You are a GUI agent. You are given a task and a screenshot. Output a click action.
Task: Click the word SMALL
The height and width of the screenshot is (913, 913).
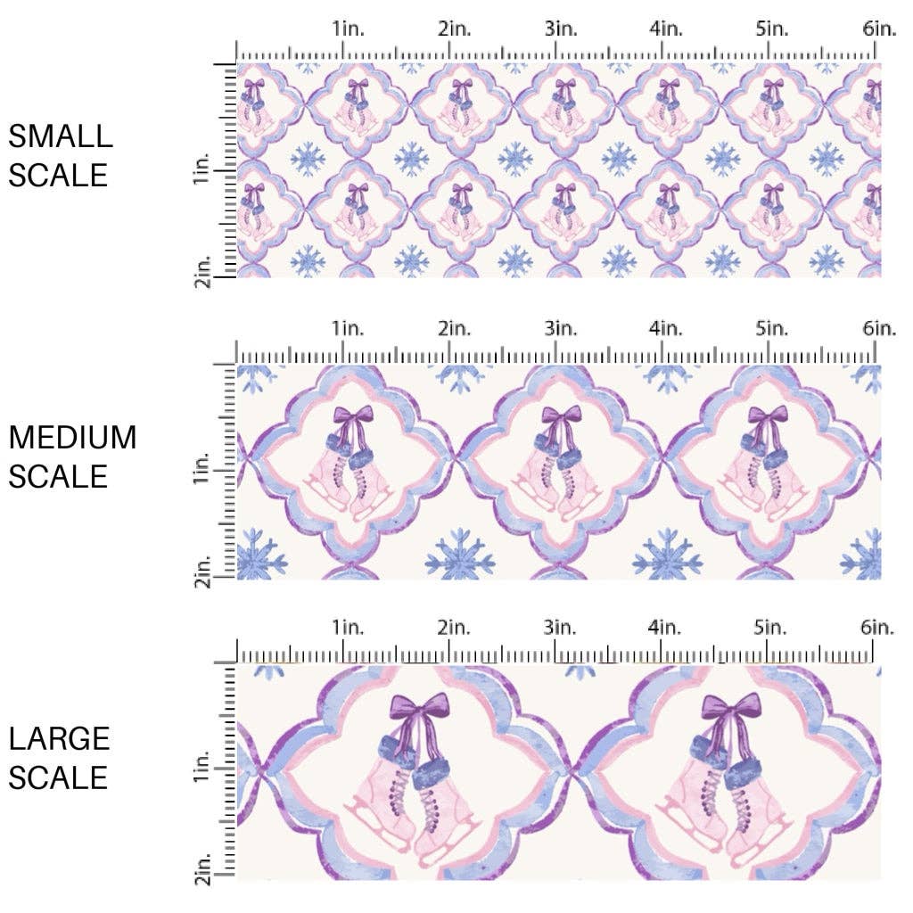(x=61, y=136)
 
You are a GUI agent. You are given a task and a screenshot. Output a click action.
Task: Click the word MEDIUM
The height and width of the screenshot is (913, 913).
(x=73, y=438)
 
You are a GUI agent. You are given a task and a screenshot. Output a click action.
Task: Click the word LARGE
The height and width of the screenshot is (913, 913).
(x=60, y=738)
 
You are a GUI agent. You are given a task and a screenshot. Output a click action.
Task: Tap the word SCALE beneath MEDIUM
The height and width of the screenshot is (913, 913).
(x=58, y=476)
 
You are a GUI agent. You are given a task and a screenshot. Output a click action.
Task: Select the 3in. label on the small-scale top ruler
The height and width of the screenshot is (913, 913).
(x=561, y=29)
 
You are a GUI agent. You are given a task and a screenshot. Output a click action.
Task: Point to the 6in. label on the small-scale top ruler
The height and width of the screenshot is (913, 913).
(x=879, y=29)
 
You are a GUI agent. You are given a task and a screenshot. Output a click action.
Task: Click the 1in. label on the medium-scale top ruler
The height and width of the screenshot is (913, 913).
(x=349, y=329)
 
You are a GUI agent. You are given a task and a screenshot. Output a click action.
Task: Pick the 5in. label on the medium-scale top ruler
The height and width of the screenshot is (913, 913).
(x=772, y=329)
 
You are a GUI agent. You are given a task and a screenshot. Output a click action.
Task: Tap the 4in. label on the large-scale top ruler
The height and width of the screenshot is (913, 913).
(x=666, y=629)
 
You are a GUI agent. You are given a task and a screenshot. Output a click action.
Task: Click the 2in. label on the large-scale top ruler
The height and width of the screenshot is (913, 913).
(x=454, y=629)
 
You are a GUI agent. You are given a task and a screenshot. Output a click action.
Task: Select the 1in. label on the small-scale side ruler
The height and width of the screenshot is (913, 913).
(x=202, y=170)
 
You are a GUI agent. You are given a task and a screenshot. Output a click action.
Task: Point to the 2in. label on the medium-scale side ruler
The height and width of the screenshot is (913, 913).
(x=202, y=570)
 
